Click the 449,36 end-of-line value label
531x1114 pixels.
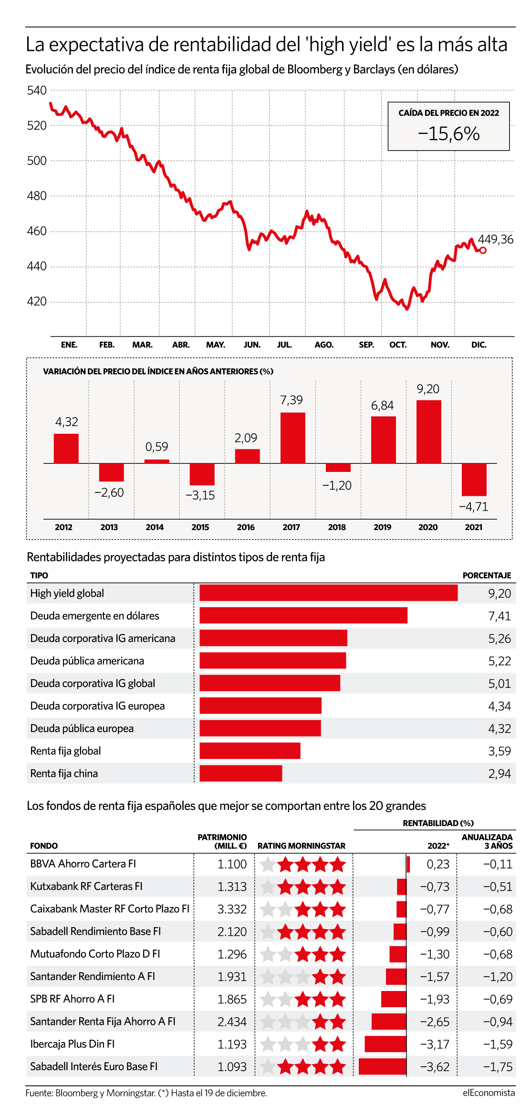(x=496, y=239)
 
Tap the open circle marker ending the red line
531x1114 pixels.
(x=483, y=250)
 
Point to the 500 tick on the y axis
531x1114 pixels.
(x=37, y=161)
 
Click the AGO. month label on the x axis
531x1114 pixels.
(x=324, y=345)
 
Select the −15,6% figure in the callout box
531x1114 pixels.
(x=448, y=133)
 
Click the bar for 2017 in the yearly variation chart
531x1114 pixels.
(x=293, y=438)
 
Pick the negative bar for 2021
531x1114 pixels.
(x=474, y=480)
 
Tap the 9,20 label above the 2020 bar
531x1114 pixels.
(x=428, y=389)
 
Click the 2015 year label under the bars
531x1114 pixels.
(x=200, y=527)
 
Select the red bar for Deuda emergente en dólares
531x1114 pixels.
(x=303, y=615)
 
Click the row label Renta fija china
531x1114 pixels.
(x=64, y=773)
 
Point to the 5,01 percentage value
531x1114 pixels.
(x=500, y=684)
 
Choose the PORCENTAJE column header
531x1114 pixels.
(x=487, y=575)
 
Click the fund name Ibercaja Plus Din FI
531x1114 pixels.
(x=73, y=1043)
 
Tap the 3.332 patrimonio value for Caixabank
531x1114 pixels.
(x=232, y=909)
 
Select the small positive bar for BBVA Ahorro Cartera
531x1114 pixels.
(x=408, y=864)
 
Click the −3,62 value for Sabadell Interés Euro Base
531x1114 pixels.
(x=435, y=1066)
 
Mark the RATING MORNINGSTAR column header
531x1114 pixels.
(x=302, y=846)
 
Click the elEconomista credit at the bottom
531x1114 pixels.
(x=489, y=1093)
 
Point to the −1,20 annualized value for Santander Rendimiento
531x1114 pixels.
(x=498, y=977)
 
